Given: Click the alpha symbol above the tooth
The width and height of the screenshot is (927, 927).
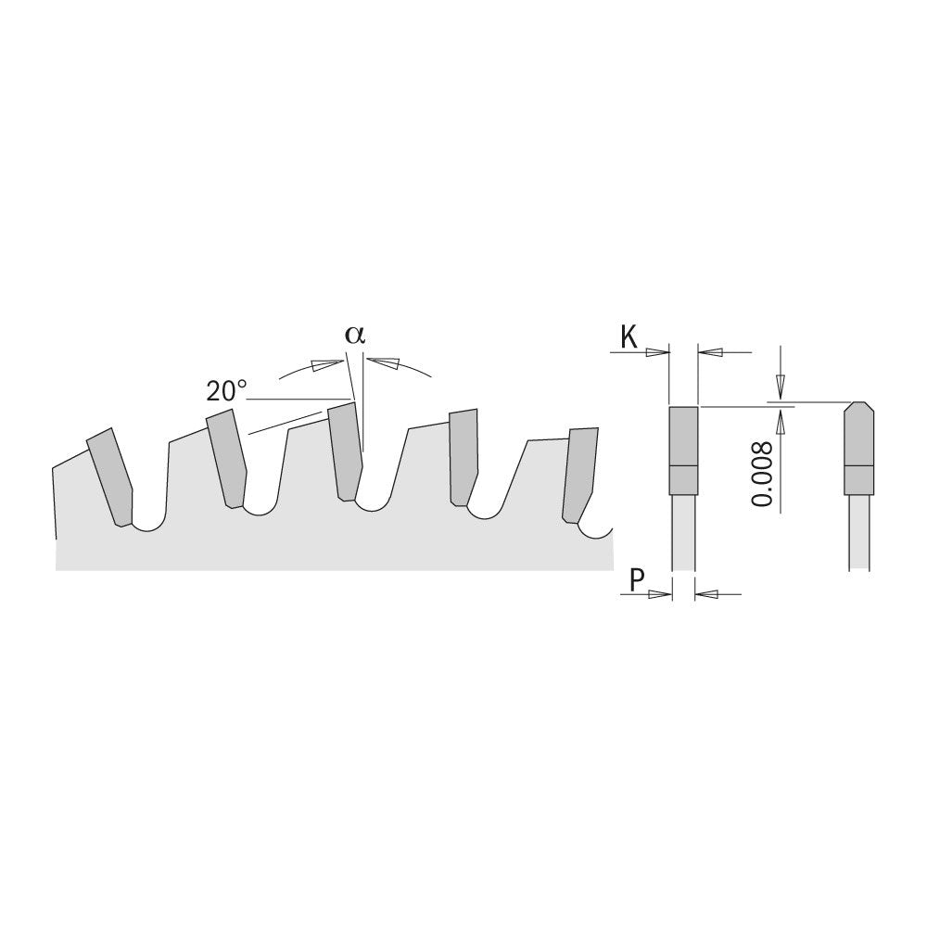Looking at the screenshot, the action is [355, 336].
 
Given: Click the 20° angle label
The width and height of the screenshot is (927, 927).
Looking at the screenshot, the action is [227, 391].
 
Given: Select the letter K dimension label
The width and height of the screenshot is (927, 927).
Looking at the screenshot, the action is [629, 337].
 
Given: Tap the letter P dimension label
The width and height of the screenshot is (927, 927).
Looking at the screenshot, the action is [637, 580].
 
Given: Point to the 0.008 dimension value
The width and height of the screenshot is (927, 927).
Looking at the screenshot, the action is [762, 474].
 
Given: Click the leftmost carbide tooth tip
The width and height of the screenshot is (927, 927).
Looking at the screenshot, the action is [110, 476].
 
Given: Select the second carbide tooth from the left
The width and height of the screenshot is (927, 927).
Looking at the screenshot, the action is [227, 458].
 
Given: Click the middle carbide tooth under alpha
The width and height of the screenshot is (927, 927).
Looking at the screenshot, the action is [345, 451].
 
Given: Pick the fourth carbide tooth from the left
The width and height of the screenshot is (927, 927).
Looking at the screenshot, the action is [464, 458].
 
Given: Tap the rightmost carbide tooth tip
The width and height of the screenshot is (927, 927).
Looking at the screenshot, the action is [580, 476].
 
